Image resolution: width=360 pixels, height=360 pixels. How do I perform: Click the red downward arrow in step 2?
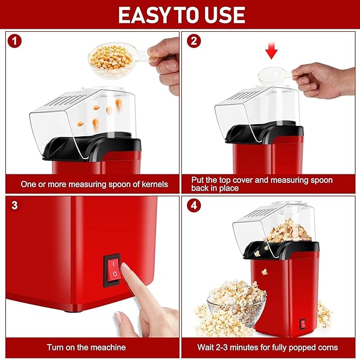[x=272, y=52]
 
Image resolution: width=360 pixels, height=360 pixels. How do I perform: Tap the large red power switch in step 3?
[x=112, y=270]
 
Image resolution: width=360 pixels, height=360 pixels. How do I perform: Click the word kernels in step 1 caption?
[x=153, y=184]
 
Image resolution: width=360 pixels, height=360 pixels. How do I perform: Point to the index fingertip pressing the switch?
[x=126, y=269]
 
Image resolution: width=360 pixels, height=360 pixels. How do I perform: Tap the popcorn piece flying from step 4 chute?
[x=264, y=271]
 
